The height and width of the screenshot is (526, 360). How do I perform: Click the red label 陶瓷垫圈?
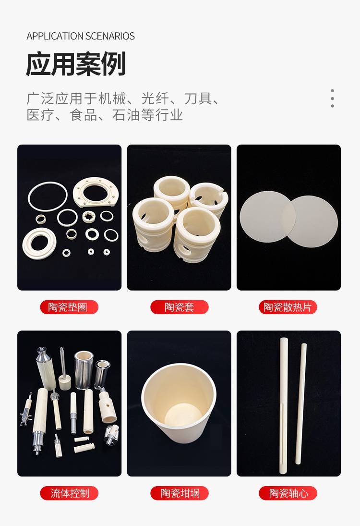pos(69,307)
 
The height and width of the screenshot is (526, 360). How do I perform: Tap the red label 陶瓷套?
pos(180,307)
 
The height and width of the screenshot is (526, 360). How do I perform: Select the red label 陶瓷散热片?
pos(288,307)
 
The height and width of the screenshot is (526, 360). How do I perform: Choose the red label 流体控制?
pos(69,493)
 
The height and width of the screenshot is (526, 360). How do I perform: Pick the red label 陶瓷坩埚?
pos(180,493)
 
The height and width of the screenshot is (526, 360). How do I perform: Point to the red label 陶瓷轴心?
pos(288,493)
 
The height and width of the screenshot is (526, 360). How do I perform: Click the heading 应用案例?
pos(76,64)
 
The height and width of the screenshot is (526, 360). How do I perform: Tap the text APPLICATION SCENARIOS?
pos(81,36)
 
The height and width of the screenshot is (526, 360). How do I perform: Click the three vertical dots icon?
pos(332,98)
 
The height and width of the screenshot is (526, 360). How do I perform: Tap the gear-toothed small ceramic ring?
pos(89,216)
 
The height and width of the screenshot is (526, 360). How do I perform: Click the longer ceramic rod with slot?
pos(284,406)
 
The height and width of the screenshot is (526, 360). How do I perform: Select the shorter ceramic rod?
pos(300,404)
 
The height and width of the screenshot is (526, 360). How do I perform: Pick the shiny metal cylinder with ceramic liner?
pos(84,370)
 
